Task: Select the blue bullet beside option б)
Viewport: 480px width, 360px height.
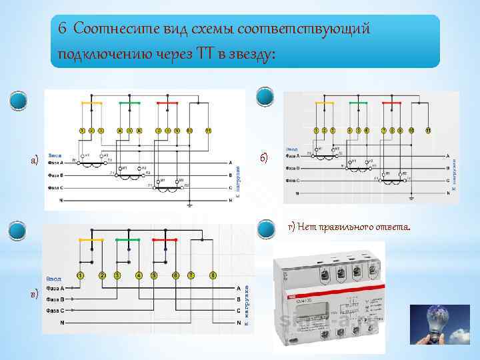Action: click(265, 97)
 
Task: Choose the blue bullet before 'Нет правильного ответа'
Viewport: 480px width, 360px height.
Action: click(265, 229)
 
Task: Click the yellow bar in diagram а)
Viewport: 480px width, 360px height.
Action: click(91, 103)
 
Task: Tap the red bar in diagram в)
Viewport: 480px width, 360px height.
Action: click(164, 239)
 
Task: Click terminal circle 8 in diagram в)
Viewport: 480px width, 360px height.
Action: click(213, 275)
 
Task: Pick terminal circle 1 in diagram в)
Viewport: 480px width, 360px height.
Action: click(81, 275)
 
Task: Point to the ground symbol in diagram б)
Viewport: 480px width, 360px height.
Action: click(411, 197)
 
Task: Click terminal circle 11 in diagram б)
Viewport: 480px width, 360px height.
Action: click(428, 129)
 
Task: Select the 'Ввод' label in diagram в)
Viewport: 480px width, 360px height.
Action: click(54, 277)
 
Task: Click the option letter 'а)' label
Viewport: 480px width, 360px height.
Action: click(34, 161)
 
